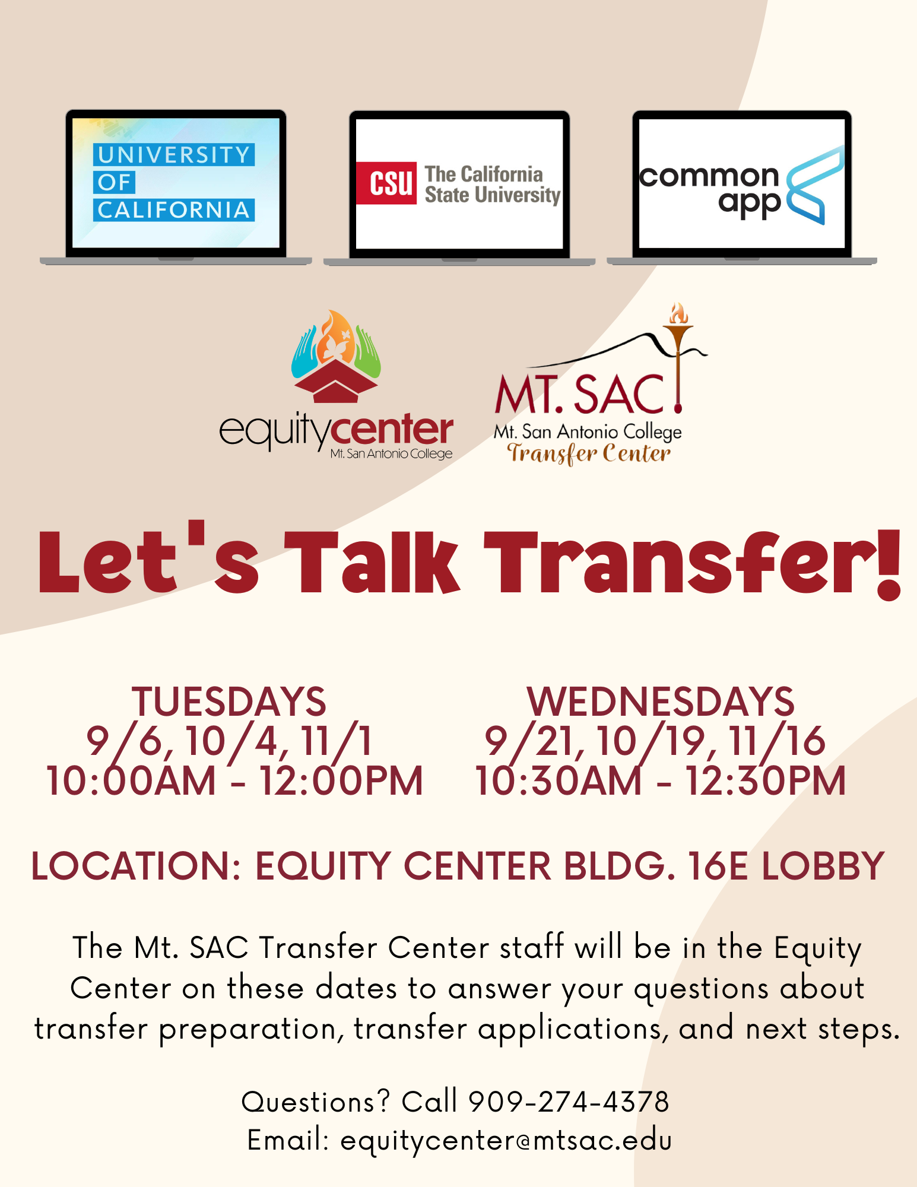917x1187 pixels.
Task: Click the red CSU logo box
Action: (x=386, y=183)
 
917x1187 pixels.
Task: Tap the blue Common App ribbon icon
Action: (x=815, y=185)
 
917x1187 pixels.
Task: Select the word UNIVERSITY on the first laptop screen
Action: (x=174, y=155)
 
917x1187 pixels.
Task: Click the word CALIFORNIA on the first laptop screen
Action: (x=174, y=210)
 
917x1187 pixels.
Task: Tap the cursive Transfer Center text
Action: (x=588, y=453)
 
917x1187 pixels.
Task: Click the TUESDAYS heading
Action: (x=229, y=702)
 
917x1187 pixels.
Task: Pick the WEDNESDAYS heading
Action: (x=660, y=702)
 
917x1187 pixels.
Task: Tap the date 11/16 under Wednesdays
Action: (x=777, y=741)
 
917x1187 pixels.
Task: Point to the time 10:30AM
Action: (x=559, y=780)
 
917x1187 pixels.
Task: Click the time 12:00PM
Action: (x=341, y=780)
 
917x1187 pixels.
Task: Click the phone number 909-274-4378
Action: (x=569, y=1102)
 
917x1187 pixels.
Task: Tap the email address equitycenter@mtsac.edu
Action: (x=506, y=1141)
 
